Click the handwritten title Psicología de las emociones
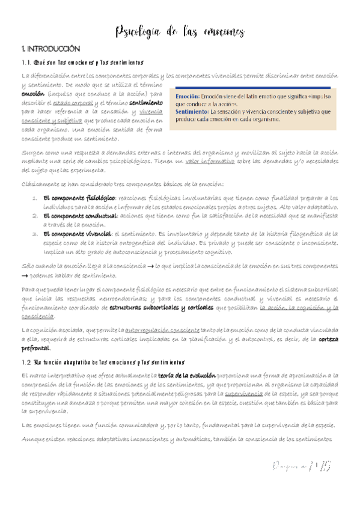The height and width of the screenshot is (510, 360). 179,31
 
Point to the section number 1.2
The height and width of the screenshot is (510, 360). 26,363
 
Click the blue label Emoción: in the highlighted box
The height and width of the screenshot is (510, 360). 188,96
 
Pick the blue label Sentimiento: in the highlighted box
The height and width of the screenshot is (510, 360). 192,111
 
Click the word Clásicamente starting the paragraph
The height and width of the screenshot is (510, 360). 39,183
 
